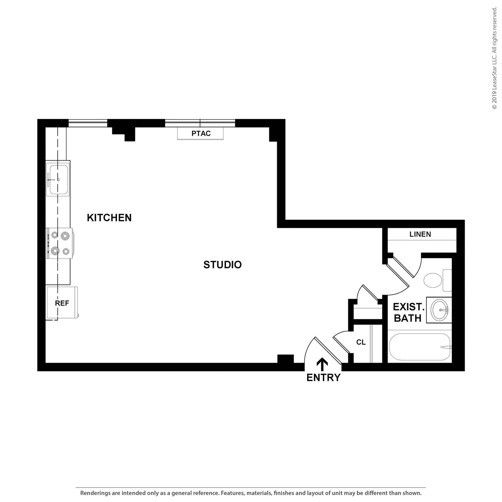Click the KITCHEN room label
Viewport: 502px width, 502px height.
(x=109, y=218)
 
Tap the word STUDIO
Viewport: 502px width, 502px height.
(x=222, y=265)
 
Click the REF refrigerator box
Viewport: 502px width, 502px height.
(x=62, y=303)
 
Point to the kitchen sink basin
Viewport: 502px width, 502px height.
(x=59, y=179)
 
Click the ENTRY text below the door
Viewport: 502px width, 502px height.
(x=323, y=377)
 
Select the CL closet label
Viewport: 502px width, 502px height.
(x=361, y=342)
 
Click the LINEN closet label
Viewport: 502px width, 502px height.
(x=420, y=234)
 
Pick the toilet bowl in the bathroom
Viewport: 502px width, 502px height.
(x=433, y=280)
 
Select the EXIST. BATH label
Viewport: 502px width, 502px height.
(x=408, y=313)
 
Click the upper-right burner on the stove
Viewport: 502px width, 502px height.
(x=65, y=235)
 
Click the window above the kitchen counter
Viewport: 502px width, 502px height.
(x=88, y=123)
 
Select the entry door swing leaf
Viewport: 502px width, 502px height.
(x=328, y=351)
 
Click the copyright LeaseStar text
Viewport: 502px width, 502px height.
(x=494, y=59)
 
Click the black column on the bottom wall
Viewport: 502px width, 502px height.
(x=286, y=359)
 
